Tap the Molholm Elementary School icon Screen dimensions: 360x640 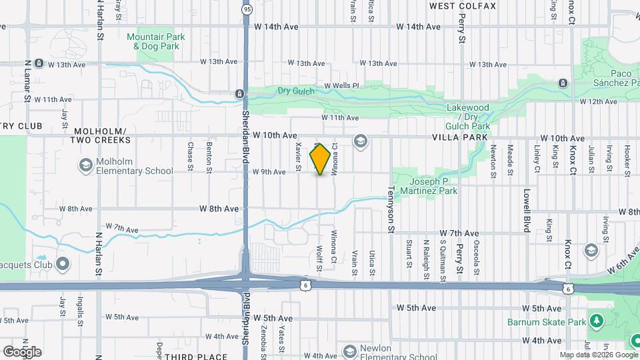pos(85,165)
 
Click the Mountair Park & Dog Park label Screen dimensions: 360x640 pos(156,42)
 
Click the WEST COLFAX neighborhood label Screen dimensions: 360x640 pos(463,6)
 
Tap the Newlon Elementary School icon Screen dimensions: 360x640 pos(349,351)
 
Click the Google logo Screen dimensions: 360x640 pos(22,352)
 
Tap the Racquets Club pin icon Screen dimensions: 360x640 pos(63,265)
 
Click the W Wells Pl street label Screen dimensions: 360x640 pos(342,86)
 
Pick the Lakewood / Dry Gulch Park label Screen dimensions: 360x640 pos(468,117)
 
